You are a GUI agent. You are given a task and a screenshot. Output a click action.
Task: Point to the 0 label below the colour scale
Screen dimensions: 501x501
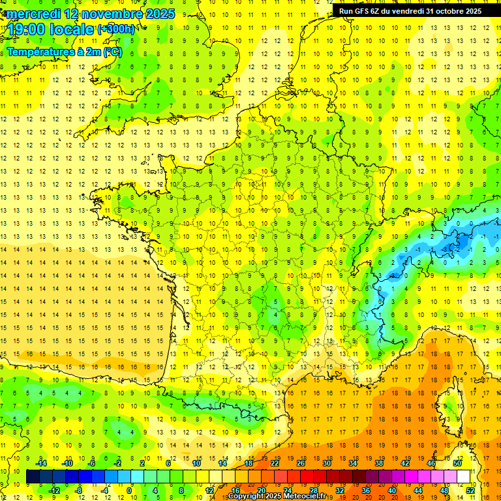click(x=129, y=491)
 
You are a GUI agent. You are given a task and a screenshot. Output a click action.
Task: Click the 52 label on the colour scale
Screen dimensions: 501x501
click(x=470, y=491)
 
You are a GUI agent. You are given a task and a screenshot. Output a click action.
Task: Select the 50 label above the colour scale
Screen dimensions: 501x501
click(x=457, y=463)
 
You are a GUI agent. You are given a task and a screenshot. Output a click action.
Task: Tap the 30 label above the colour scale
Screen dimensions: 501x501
click(x=326, y=463)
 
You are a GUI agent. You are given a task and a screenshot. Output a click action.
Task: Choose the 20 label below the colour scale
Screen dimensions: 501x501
click(x=261, y=491)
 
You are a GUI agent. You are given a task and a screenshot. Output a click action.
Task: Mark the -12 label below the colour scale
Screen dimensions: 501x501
click(x=54, y=491)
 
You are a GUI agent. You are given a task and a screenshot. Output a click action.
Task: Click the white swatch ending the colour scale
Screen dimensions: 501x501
click(x=464, y=477)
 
